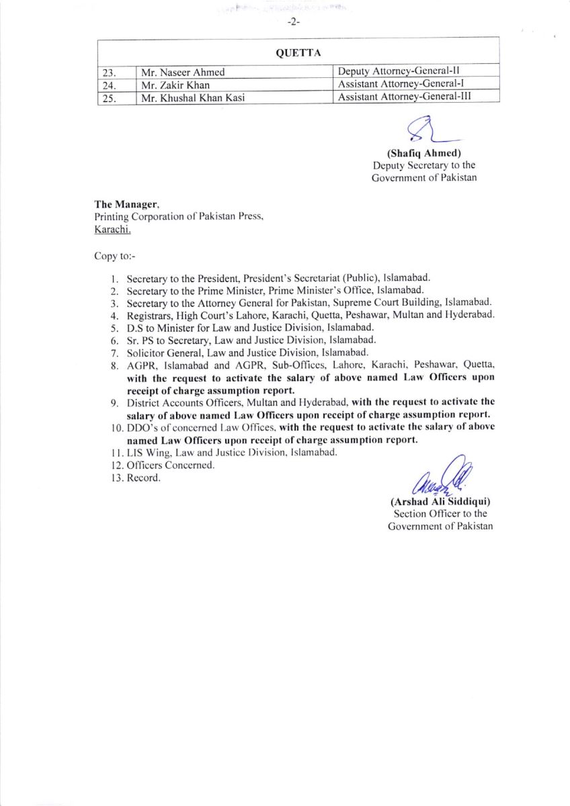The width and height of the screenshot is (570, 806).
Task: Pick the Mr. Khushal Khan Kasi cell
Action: tap(192, 97)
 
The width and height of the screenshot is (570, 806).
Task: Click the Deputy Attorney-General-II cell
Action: tap(399, 71)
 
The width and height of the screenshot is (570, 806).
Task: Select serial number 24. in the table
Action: tap(109, 85)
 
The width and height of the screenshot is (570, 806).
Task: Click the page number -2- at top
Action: tap(293, 22)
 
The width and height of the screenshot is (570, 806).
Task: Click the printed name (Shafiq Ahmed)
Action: tap(423, 153)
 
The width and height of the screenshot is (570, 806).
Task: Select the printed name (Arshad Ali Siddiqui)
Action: tap(440, 502)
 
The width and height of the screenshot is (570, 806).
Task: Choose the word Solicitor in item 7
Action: tap(145, 352)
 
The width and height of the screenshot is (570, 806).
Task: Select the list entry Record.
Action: tap(144, 478)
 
